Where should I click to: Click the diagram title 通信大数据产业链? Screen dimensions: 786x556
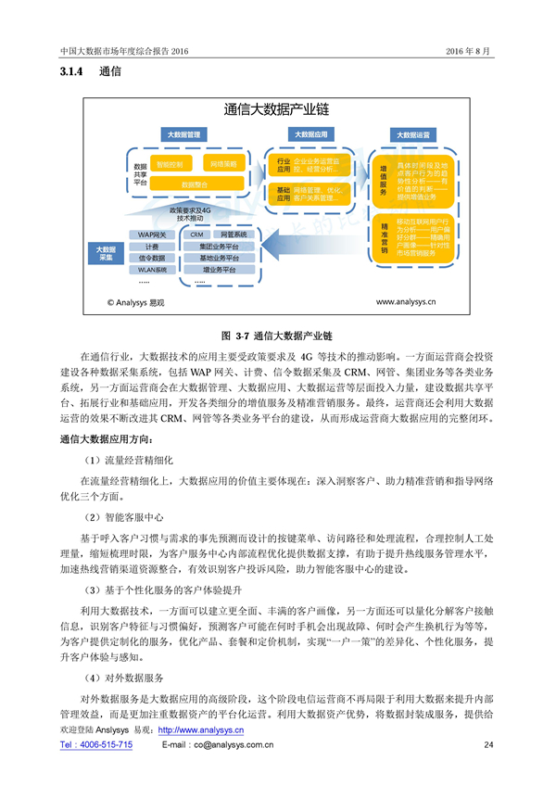277,109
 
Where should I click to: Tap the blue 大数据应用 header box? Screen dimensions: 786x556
310,135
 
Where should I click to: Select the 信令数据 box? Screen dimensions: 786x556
153,258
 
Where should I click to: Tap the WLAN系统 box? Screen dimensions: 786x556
153,270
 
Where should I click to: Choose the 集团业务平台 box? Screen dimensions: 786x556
218,247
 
